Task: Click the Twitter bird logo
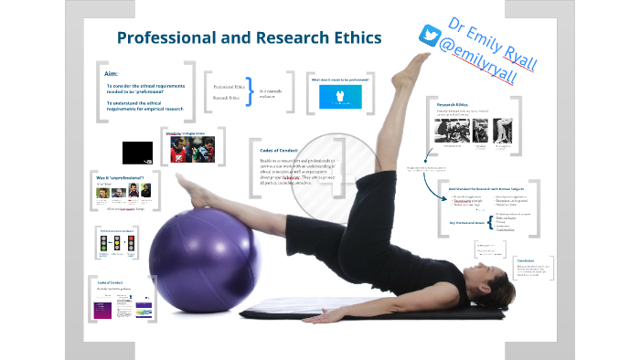tap(430, 36)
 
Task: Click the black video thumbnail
tap(138, 151)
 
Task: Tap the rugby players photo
tap(190, 150)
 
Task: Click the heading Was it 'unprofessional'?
tap(119, 186)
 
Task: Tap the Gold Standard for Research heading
tap(485, 188)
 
